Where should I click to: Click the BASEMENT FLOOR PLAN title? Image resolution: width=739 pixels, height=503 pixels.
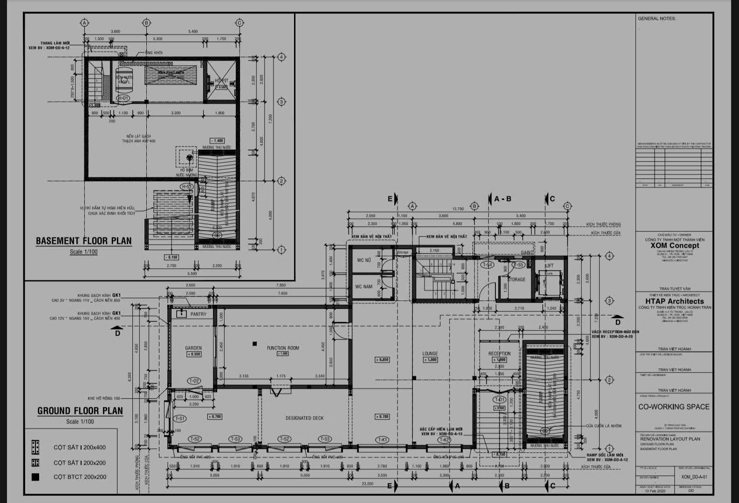(x=84, y=241)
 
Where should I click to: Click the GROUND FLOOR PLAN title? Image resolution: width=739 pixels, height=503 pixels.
(x=80, y=411)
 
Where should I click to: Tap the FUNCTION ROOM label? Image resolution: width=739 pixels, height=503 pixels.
(x=283, y=348)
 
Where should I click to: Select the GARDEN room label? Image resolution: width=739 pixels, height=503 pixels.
(x=193, y=348)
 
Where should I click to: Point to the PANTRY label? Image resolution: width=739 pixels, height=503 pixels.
(x=198, y=314)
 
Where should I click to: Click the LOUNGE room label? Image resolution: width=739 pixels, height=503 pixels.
(x=430, y=353)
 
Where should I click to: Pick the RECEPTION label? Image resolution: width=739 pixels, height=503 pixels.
(x=500, y=353)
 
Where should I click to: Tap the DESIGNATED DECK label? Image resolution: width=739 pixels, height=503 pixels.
(x=305, y=418)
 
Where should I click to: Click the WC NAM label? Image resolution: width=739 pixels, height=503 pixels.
(x=364, y=286)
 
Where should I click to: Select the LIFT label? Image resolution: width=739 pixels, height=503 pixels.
(x=549, y=265)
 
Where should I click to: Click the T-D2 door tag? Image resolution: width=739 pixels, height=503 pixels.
(x=194, y=381)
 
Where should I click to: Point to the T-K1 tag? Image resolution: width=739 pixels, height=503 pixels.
(x=383, y=440)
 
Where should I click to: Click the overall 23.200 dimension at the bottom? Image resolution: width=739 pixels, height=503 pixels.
(x=367, y=484)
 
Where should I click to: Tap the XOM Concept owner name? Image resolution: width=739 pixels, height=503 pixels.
(x=675, y=245)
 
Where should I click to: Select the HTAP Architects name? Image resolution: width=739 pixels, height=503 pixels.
(x=675, y=301)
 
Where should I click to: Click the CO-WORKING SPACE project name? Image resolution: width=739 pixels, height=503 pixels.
(x=674, y=407)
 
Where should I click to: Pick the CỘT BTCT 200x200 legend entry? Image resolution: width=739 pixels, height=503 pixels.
(x=80, y=476)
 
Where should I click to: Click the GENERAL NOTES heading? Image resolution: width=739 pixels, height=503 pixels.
(x=657, y=19)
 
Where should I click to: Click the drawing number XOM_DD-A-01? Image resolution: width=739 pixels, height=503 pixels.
(x=694, y=477)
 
